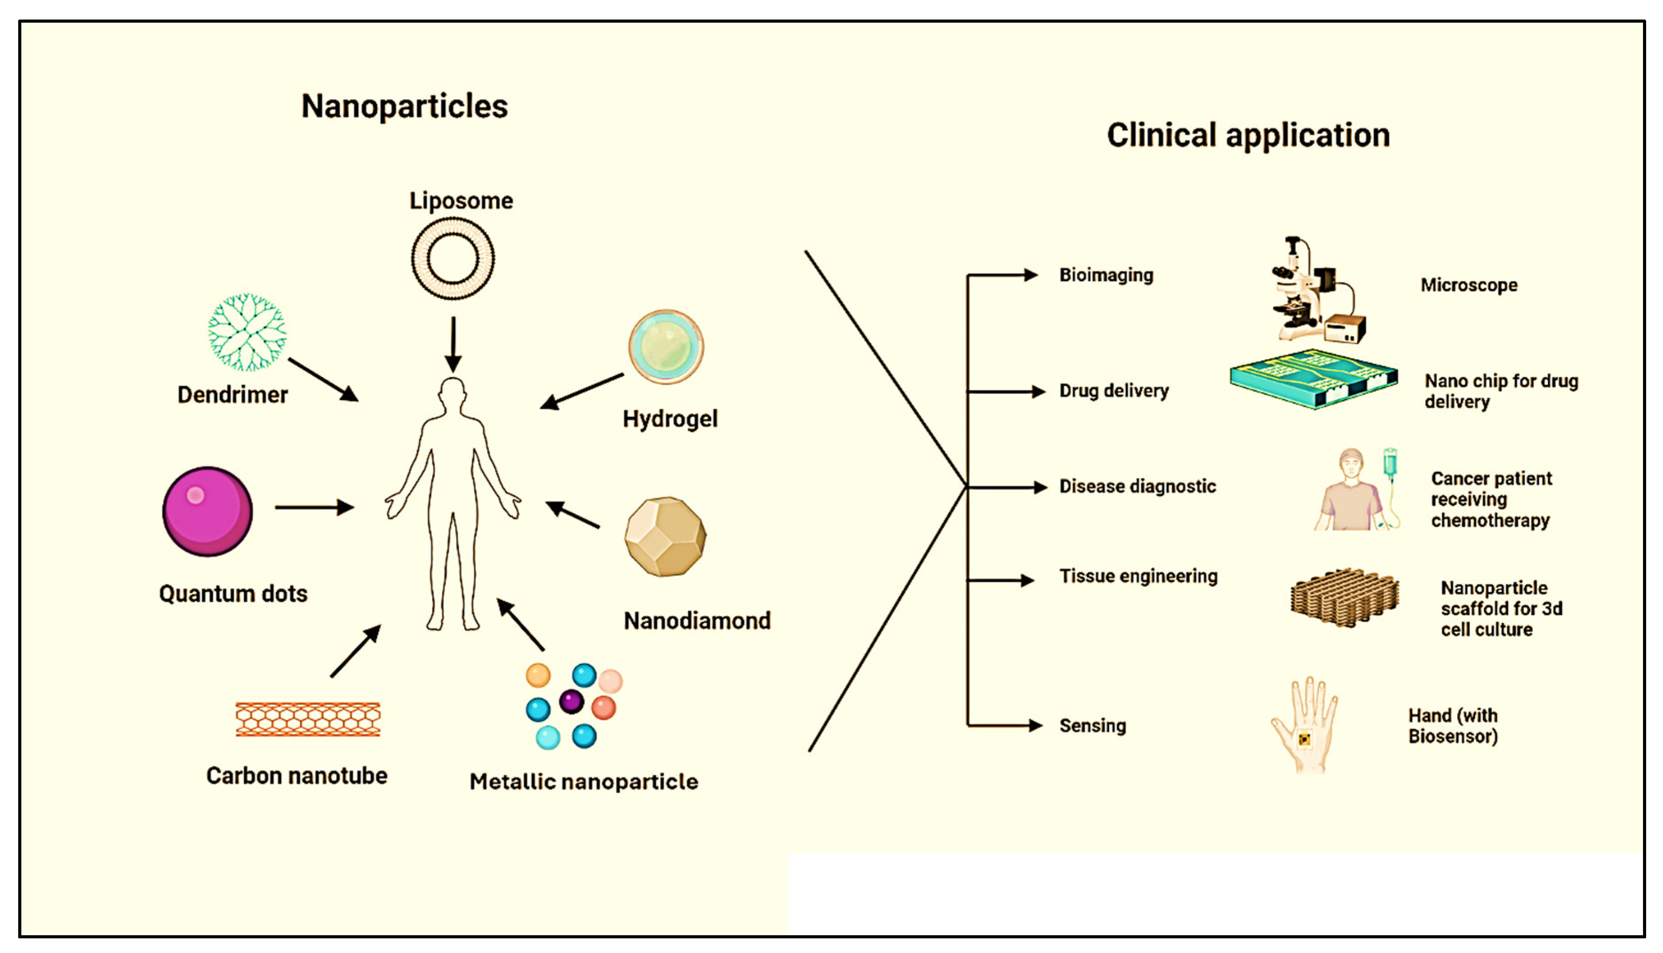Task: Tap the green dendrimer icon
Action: (247, 332)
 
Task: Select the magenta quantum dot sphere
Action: (207, 511)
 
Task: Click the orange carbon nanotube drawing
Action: (308, 719)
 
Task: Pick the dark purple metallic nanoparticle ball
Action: (571, 702)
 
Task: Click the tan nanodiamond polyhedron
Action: (665, 537)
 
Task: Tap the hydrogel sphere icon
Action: (666, 346)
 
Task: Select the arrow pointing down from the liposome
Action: (453, 344)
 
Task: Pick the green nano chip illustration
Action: (1313, 380)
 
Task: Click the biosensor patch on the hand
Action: (1304, 739)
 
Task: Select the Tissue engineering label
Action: (1138, 576)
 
